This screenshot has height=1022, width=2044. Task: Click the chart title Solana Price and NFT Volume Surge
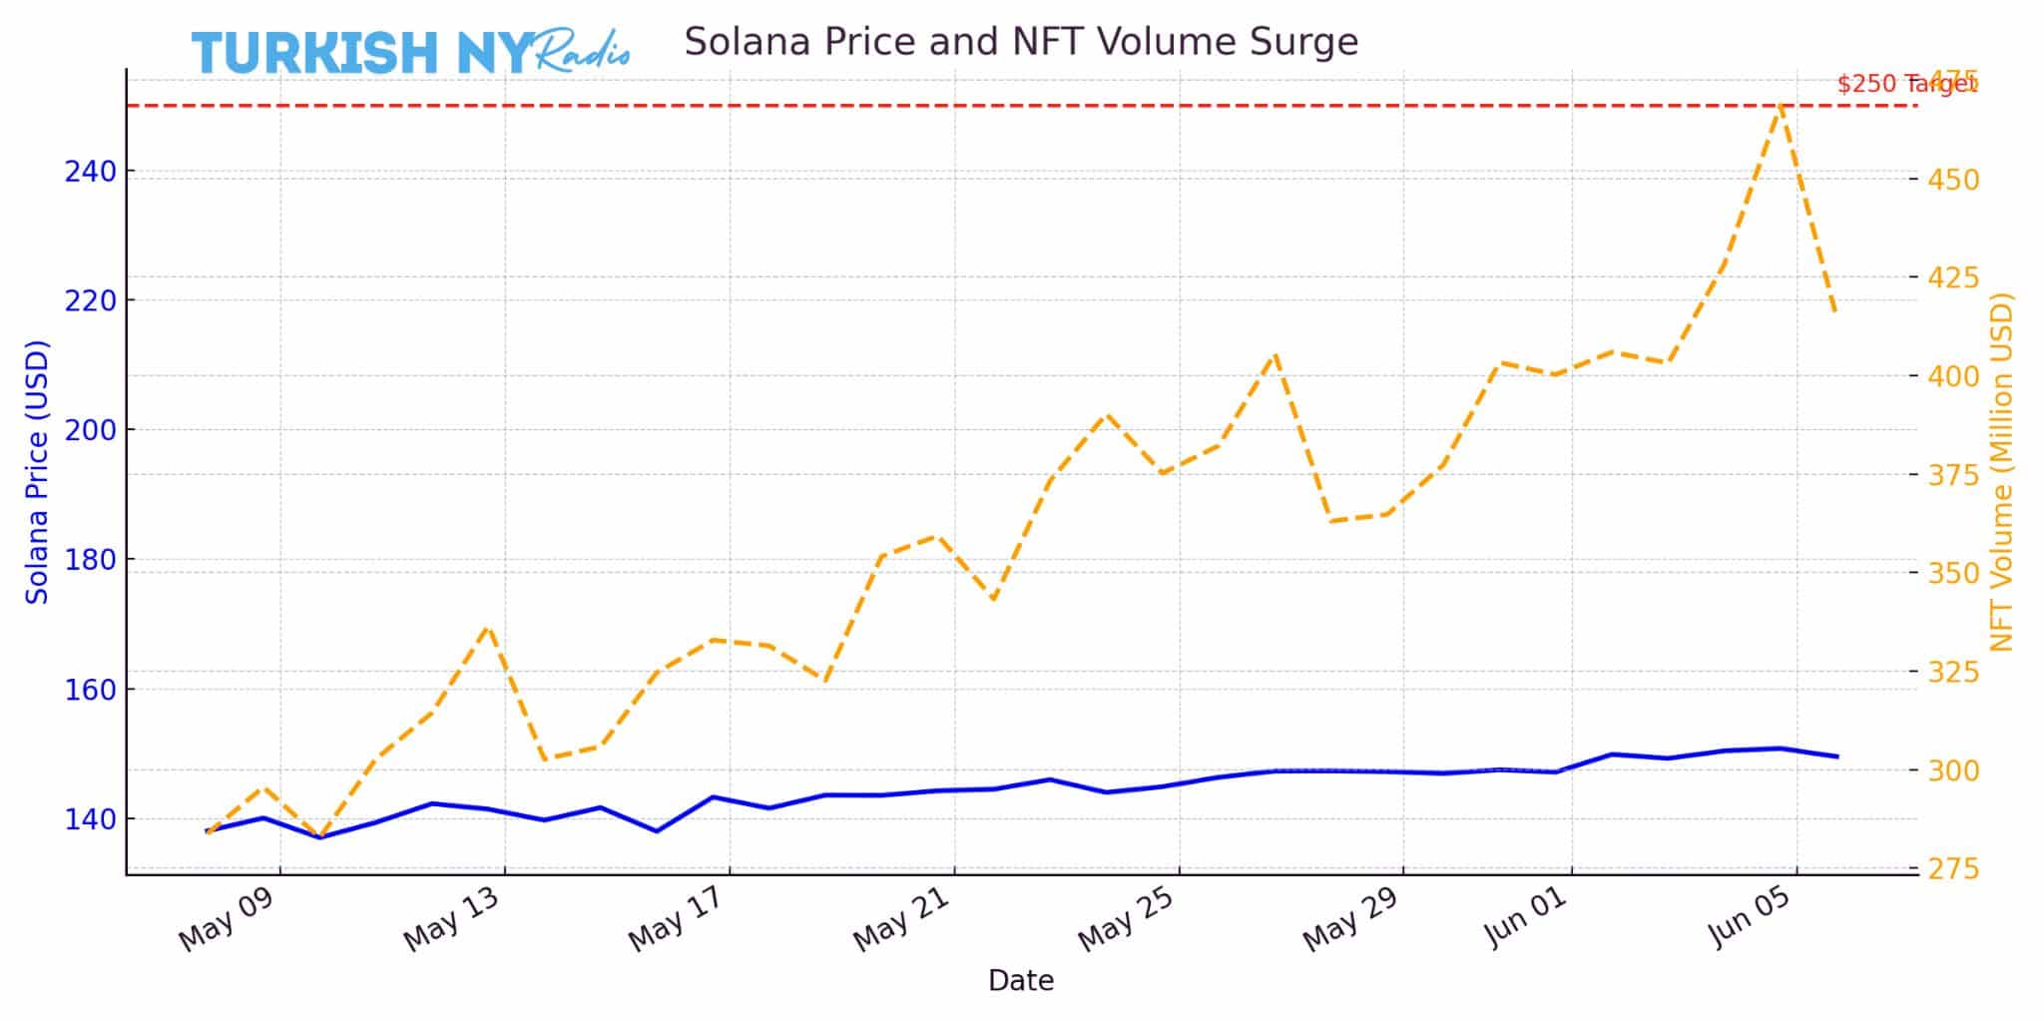1020,42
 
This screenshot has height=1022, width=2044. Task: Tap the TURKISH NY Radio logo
410,52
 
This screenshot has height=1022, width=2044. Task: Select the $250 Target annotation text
1904,84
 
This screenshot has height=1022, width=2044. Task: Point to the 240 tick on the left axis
90,173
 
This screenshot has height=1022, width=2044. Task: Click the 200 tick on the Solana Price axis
90,430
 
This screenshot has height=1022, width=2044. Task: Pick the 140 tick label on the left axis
90,819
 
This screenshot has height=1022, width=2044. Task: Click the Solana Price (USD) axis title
37,472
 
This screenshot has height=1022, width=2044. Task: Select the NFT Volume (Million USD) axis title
2002,472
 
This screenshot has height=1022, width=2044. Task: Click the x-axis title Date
1020,981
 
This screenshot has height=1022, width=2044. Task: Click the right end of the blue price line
1837,757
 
